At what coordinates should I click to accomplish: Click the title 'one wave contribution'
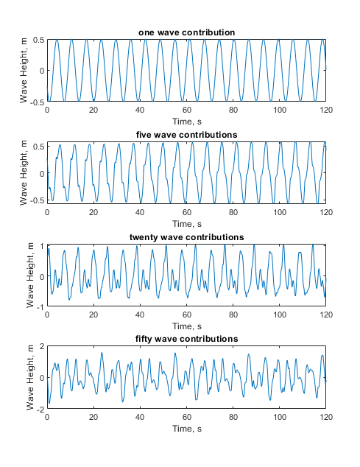[x=186, y=32]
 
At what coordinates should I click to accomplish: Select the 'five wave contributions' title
[x=186, y=135]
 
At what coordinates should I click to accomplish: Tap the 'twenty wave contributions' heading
[x=186, y=237]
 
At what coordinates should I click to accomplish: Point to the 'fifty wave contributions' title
[x=186, y=340]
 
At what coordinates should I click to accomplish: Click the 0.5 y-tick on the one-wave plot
[x=39, y=40]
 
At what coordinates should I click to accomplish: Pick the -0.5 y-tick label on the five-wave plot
[x=38, y=200]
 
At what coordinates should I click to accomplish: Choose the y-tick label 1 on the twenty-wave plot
[x=42, y=246]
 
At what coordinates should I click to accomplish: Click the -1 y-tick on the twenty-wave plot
[x=40, y=306]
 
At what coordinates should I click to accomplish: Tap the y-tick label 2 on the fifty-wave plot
[x=42, y=346]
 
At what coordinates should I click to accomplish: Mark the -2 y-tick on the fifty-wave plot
[x=40, y=410]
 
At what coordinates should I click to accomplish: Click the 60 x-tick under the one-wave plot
[x=187, y=110]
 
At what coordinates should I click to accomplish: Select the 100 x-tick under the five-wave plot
[x=280, y=212]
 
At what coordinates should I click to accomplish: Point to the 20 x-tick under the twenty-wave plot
[x=93, y=315]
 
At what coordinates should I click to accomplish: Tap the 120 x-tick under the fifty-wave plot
[x=326, y=417]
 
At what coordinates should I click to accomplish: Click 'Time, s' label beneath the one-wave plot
[x=187, y=122]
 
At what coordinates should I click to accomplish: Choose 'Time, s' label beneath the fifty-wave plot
[x=187, y=429]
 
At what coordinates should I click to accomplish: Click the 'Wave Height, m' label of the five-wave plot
[x=24, y=173]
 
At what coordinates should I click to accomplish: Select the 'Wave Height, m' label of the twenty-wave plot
[x=30, y=275]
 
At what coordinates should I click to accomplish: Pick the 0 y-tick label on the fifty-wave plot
[x=42, y=378]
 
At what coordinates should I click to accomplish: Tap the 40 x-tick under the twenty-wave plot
[x=140, y=315]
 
